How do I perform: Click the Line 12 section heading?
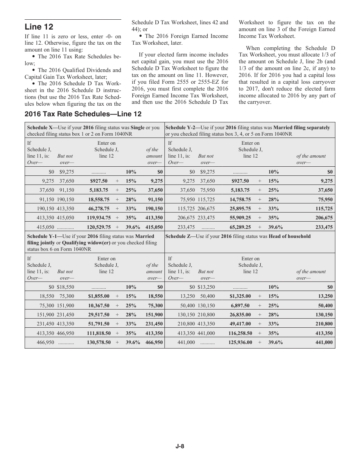pyautogui.click(x=39, y=27)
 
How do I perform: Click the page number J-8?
pyautogui.click(x=180, y=446)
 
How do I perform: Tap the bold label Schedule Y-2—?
pyautogui.click(x=183, y=128)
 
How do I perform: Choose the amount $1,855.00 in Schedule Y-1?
pyautogui.click(x=99, y=297)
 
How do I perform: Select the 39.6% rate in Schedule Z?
pyautogui.click(x=275, y=342)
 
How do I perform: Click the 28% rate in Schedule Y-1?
pyautogui.click(x=131, y=315)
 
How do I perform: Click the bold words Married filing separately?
pyautogui.click(x=302, y=128)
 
